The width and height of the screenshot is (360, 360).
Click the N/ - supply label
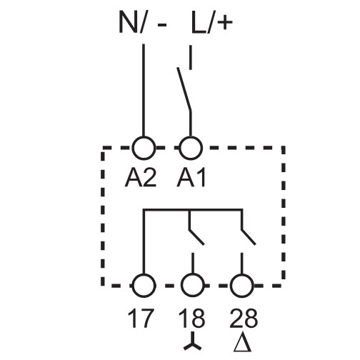[143, 24]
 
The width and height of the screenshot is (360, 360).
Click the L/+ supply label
[211, 24]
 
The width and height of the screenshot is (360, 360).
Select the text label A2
[144, 178]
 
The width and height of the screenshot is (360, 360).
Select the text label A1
[191, 178]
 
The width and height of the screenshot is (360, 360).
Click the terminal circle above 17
[144, 284]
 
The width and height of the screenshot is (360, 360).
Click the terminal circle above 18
[191, 284]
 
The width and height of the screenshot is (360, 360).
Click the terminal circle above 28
[241, 284]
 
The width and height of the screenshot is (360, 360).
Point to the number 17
[144, 317]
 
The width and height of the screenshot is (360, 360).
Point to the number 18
[191, 317]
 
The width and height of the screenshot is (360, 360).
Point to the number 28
[241, 317]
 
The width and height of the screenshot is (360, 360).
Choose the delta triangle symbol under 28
[241, 342]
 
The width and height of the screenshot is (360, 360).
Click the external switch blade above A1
[184, 89]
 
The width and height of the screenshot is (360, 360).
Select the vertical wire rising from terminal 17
[144, 243]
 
